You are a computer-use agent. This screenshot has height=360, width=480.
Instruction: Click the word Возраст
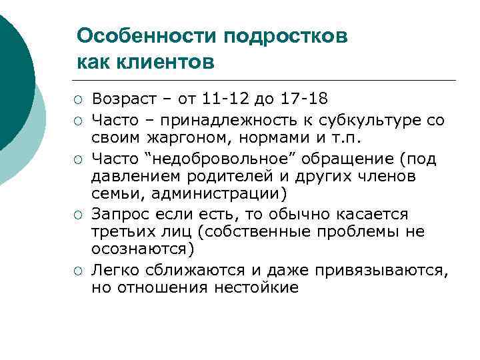pyautogui.click(x=122, y=99)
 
